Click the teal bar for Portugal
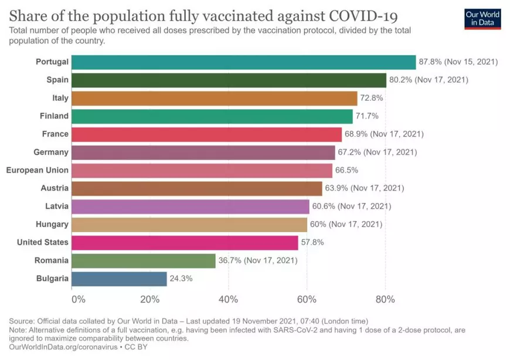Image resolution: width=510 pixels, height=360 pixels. (x=243, y=62)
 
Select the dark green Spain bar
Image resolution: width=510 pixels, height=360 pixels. (x=229, y=80)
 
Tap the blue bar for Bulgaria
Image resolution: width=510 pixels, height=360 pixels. (x=119, y=279)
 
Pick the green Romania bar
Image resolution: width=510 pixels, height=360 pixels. (x=144, y=260)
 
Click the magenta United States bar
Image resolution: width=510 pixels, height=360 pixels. (x=185, y=242)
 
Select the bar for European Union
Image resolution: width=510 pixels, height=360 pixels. (x=202, y=170)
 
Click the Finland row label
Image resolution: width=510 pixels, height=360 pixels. (x=54, y=116)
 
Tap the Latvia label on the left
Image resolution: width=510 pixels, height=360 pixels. (x=57, y=206)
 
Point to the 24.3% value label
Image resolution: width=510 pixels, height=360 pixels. (x=181, y=279)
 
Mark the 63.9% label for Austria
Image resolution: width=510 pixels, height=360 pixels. (x=337, y=188)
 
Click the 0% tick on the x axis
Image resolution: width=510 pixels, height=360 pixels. (x=78, y=299)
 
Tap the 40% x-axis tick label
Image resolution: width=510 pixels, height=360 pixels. (x=228, y=299)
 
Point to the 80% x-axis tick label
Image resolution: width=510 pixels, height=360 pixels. (x=385, y=299)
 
